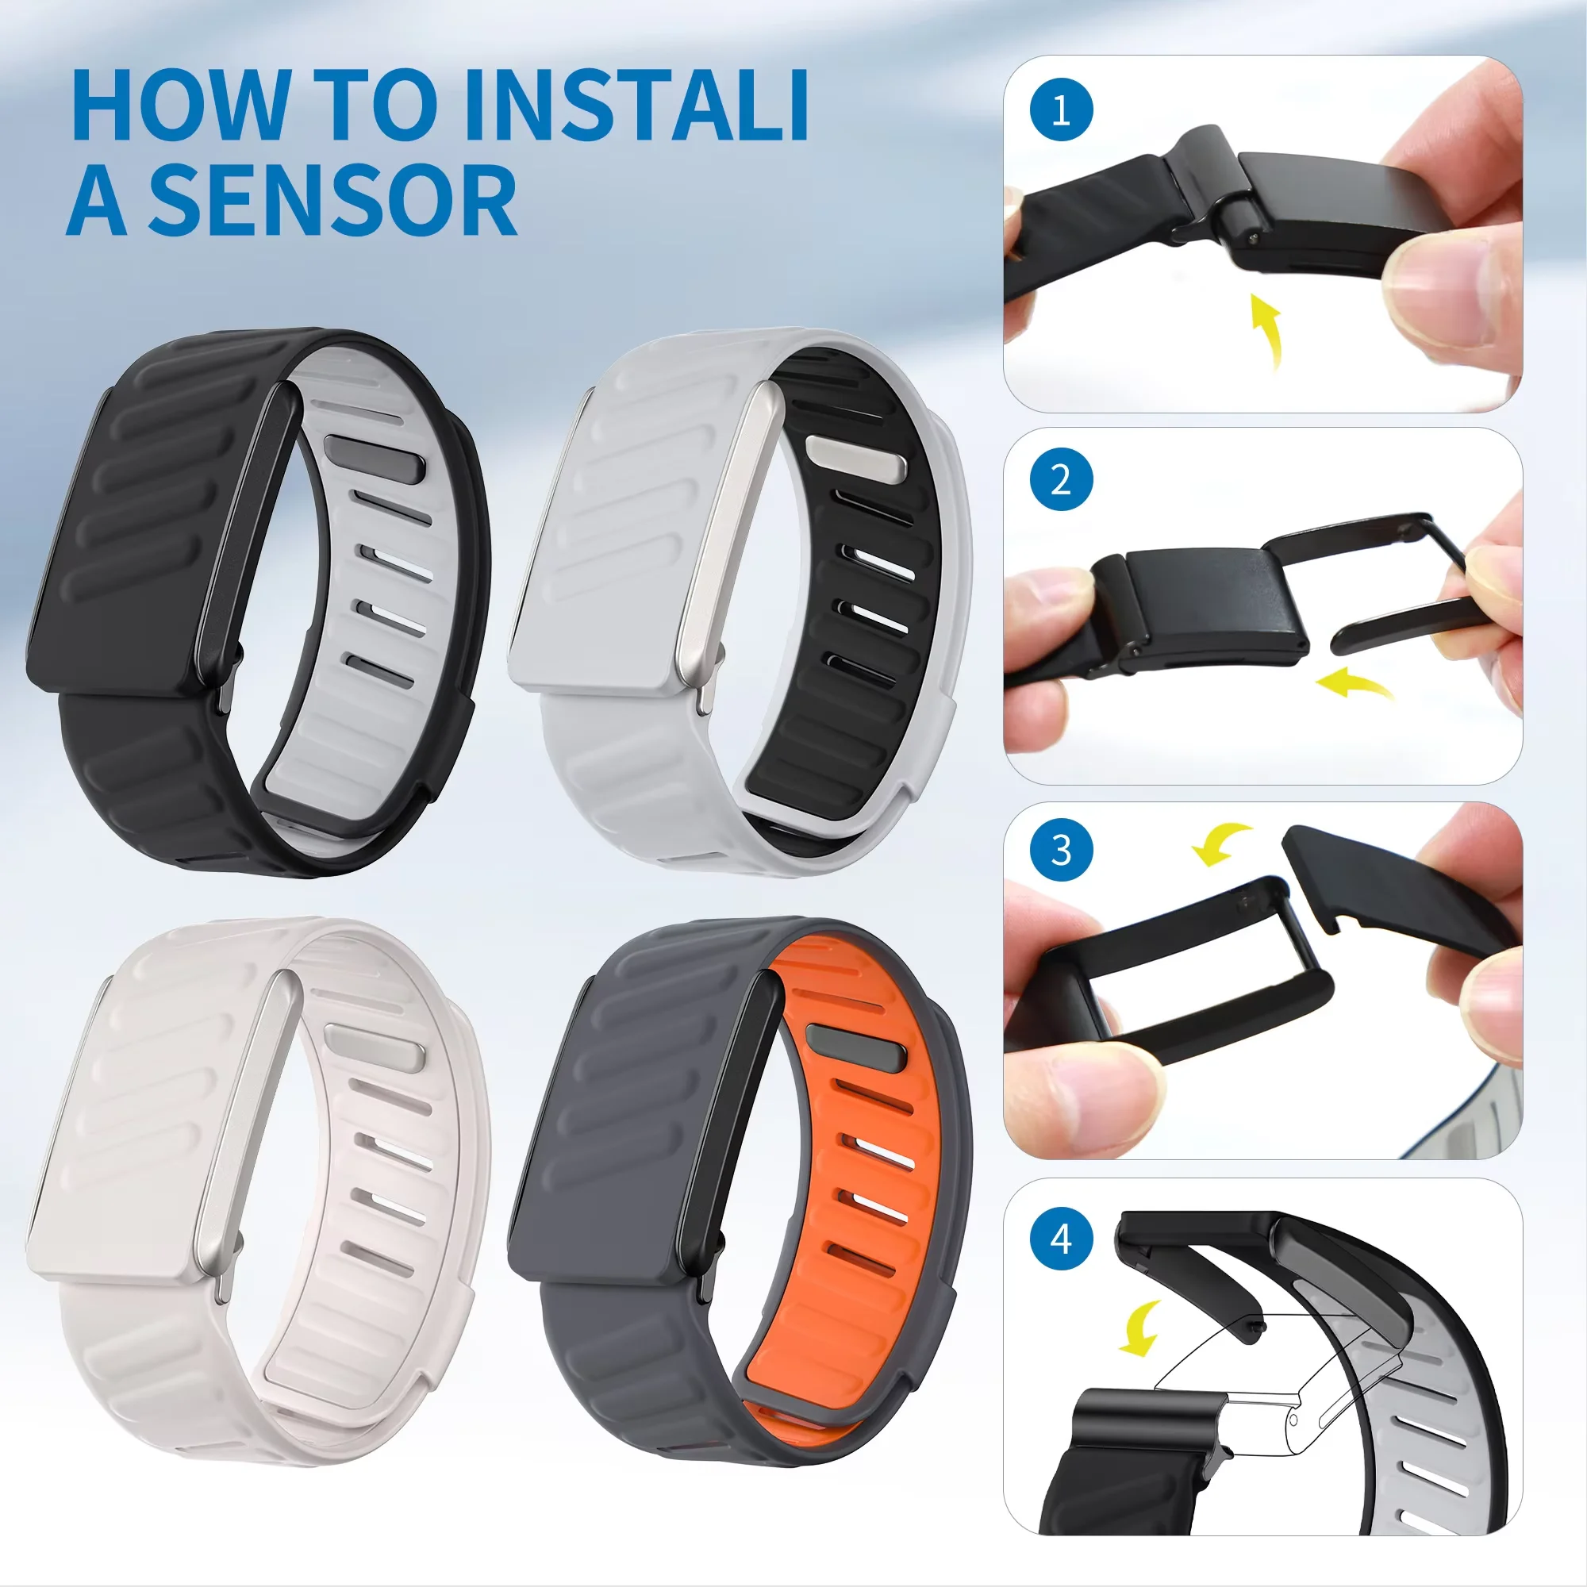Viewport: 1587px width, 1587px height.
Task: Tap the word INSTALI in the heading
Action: point(636,107)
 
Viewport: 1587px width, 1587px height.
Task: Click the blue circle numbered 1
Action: point(1060,110)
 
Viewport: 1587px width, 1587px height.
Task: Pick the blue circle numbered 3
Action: point(1060,850)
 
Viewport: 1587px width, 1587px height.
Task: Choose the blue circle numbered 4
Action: point(1060,1237)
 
